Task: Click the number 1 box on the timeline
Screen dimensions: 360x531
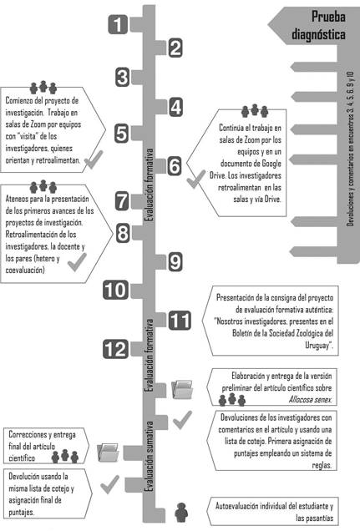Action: click(118, 25)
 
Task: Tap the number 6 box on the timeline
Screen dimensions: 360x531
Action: click(175, 166)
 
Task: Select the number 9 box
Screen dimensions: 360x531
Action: click(175, 262)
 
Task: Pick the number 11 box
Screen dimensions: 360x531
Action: click(180, 321)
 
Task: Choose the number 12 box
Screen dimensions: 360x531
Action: click(115, 349)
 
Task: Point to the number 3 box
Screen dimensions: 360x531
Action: click(122, 77)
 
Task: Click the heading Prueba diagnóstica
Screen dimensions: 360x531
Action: click(318, 25)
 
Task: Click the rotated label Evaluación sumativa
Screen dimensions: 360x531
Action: click(149, 457)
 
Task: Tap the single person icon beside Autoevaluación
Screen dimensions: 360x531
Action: click(181, 512)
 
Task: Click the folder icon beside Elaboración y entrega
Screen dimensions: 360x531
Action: click(182, 389)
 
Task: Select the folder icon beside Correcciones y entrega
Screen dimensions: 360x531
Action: click(108, 453)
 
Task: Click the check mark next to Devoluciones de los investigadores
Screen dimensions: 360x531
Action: click(182, 420)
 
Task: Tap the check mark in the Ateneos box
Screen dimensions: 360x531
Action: click(77, 262)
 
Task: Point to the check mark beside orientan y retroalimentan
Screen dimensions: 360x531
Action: click(94, 159)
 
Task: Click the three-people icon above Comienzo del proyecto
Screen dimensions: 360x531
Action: click(43, 88)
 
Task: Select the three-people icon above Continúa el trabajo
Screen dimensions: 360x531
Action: click(255, 111)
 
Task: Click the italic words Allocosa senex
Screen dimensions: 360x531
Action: click(310, 400)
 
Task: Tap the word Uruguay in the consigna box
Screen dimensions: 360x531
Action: click(317, 346)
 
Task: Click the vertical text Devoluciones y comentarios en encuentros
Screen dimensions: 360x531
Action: click(350, 149)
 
